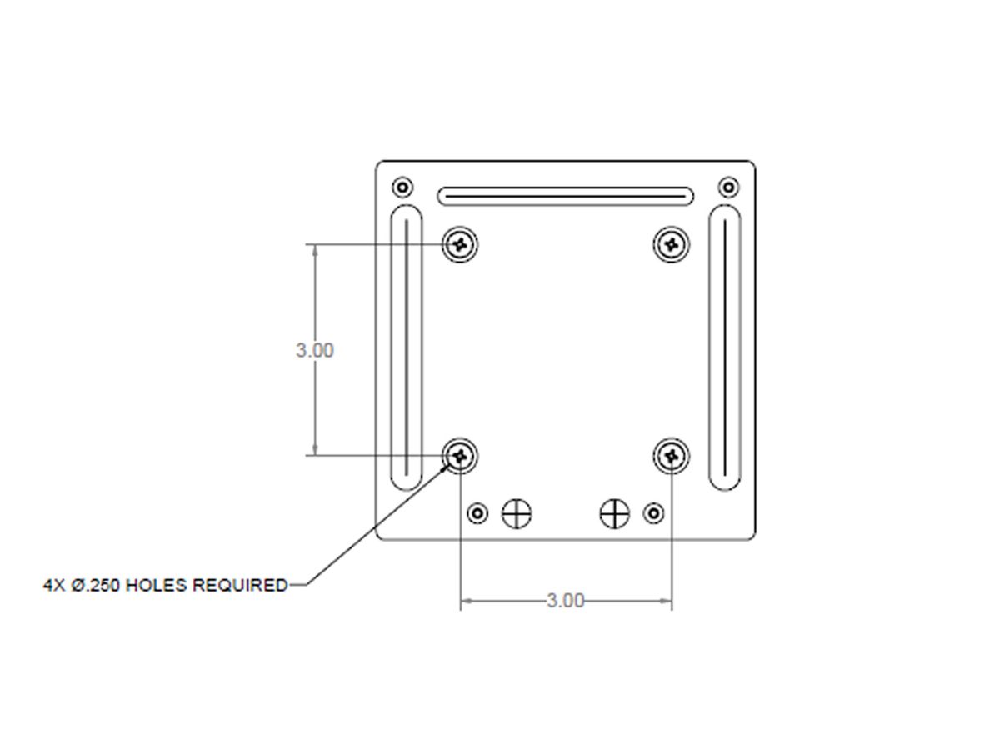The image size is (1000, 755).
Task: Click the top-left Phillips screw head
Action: [460, 244]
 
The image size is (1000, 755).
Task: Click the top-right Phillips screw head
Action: [671, 244]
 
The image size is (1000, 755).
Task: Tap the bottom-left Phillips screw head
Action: [460, 455]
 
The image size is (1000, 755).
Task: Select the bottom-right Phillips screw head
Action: [671, 455]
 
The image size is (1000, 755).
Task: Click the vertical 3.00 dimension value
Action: [315, 350]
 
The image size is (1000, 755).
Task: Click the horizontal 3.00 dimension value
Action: [565, 601]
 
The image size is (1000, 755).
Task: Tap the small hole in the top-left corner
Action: [402, 187]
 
